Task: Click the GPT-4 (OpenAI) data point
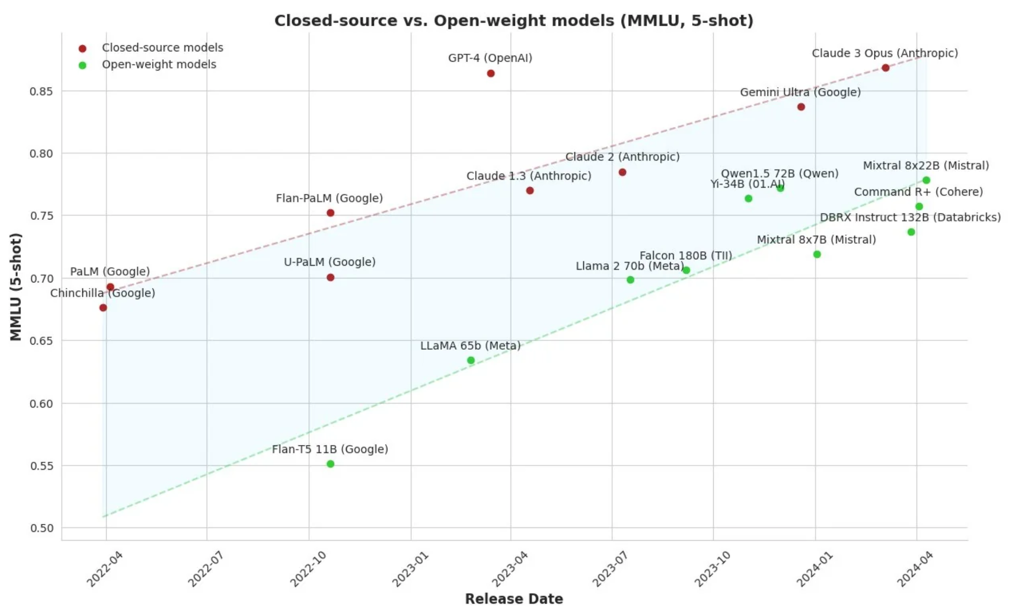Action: pyautogui.click(x=491, y=73)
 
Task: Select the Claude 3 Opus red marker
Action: pyautogui.click(x=885, y=68)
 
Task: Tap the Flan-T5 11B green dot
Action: pyautogui.click(x=330, y=464)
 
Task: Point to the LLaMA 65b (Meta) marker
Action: pyautogui.click(x=471, y=360)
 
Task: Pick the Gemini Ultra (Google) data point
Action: pyautogui.click(x=801, y=107)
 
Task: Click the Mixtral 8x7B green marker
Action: pyautogui.click(x=817, y=254)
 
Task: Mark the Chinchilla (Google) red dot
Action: pyautogui.click(x=103, y=308)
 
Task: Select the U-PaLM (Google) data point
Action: pyautogui.click(x=330, y=277)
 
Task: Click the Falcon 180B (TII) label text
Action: pyautogui.click(x=686, y=256)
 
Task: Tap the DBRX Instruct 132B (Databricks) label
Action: pyautogui.click(x=910, y=218)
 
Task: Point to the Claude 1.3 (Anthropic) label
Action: pyautogui.click(x=529, y=176)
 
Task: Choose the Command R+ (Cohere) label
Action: pyautogui.click(x=918, y=192)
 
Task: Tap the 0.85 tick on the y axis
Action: pyautogui.click(x=42, y=91)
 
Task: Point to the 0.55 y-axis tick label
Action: pyautogui.click(x=42, y=466)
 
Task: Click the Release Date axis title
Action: pyautogui.click(x=514, y=599)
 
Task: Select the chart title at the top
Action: pyautogui.click(x=514, y=21)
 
